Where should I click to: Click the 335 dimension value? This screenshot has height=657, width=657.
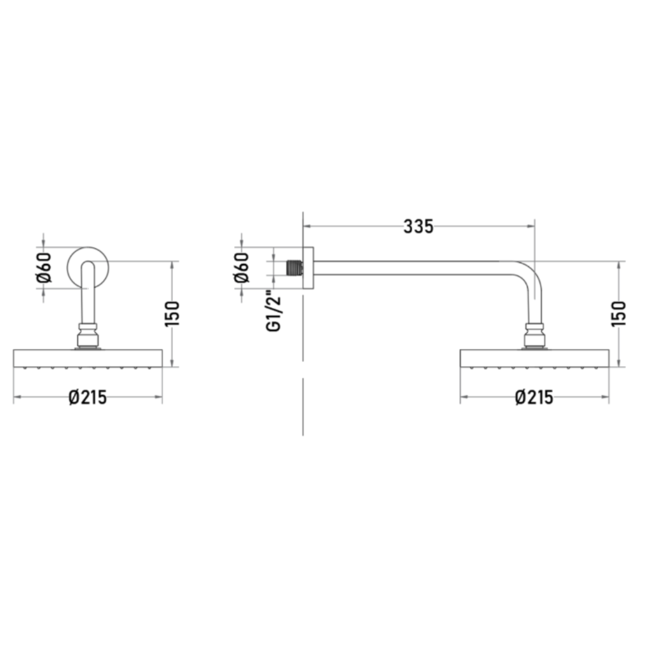[x=418, y=227]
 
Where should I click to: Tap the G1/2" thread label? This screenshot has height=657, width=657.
[x=274, y=310]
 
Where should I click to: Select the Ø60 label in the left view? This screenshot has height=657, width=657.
[x=44, y=267]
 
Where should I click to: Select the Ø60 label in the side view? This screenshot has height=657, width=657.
[x=242, y=267]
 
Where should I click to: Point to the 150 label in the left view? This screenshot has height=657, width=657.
[x=172, y=314]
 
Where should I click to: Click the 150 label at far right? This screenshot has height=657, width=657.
[x=619, y=314]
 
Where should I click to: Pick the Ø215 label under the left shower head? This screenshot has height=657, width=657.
[x=88, y=397]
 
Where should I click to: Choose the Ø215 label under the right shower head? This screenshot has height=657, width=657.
[x=534, y=397]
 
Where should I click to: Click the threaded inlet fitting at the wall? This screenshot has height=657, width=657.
[x=294, y=268]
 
